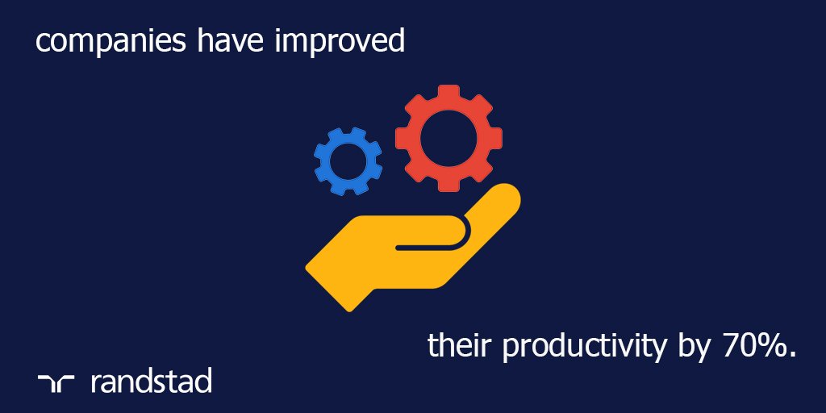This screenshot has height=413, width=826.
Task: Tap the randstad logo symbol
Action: click(56, 382)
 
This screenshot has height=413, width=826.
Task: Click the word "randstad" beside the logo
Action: click(152, 380)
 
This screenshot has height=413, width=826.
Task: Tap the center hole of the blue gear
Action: click(348, 161)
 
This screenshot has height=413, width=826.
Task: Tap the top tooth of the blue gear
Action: click(348, 130)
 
